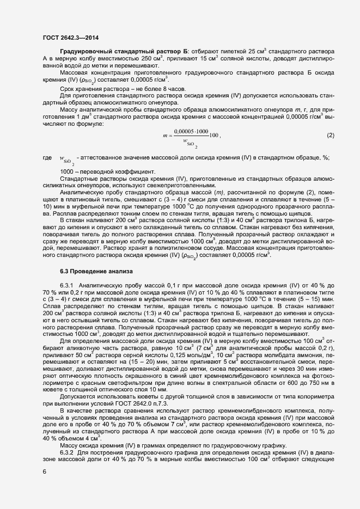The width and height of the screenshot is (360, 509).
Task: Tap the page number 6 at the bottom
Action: tap(44, 471)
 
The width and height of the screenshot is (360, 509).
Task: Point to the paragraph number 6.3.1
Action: tap(66, 285)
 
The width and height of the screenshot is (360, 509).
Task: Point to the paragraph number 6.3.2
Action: tap(66, 453)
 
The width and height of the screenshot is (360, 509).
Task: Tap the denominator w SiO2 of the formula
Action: tap(191, 144)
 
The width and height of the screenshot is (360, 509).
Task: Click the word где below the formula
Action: tap(47, 158)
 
